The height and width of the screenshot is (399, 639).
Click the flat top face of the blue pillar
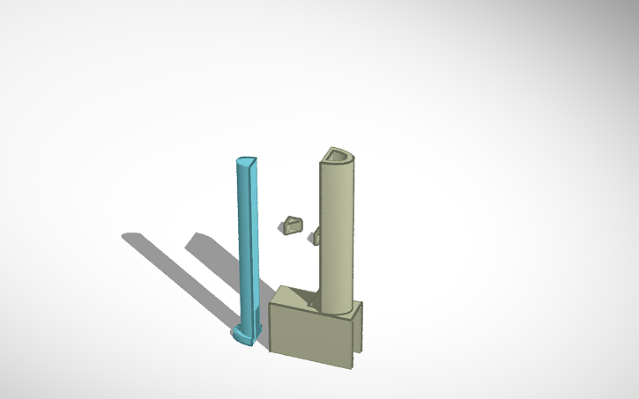pyautogui.click(x=245, y=162)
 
